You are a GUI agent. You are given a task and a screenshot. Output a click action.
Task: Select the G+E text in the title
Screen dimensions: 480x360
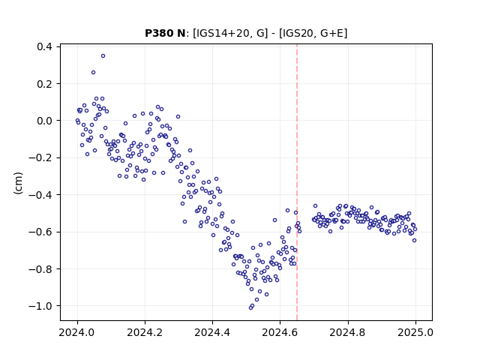pyautogui.click(x=331, y=33)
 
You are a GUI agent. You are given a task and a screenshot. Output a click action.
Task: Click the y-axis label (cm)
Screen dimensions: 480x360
pyautogui.click(x=18, y=183)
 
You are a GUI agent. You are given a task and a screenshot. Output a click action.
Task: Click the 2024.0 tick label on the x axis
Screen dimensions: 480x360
pyautogui.click(x=77, y=332)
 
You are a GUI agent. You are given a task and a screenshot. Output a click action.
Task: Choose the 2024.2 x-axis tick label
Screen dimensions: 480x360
pyautogui.click(x=145, y=332)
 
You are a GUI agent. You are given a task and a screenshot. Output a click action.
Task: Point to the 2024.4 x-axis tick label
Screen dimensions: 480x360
pyautogui.click(x=212, y=332)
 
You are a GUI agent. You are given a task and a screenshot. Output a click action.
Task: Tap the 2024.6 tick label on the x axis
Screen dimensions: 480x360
pyautogui.click(x=280, y=332)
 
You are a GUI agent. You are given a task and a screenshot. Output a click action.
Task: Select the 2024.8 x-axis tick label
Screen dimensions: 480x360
pyautogui.click(x=348, y=332)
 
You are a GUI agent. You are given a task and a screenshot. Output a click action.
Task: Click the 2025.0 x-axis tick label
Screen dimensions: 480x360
pyautogui.click(x=415, y=332)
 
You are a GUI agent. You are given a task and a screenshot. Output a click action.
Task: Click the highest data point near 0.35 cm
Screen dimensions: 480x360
pyautogui.click(x=103, y=56)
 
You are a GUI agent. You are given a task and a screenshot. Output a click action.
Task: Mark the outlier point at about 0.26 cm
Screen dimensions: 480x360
pyautogui.click(x=93, y=73)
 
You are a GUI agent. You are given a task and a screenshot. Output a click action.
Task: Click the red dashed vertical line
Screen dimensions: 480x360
pyautogui.click(x=297, y=182)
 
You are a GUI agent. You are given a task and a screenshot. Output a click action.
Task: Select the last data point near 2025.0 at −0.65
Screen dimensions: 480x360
pyautogui.click(x=415, y=241)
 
